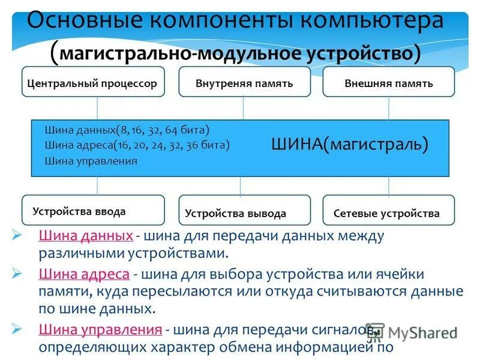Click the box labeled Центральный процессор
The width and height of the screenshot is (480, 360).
tap(93, 83)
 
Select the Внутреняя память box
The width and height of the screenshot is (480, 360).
tap(244, 83)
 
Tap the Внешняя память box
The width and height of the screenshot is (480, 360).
tap(389, 83)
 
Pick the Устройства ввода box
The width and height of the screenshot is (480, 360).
tap(93, 211)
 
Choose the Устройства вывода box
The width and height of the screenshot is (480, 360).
tap(244, 212)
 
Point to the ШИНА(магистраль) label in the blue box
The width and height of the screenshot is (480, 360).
tap(350, 145)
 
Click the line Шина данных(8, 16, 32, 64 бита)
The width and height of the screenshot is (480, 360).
tap(127, 130)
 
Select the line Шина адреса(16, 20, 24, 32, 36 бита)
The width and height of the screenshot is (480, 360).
tap(137, 145)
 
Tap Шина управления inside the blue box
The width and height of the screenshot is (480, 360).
tap(91, 161)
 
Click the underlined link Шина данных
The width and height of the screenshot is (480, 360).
tap(85, 236)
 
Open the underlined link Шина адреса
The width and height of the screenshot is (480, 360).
tap(84, 274)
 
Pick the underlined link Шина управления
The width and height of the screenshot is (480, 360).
tap(100, 329)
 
